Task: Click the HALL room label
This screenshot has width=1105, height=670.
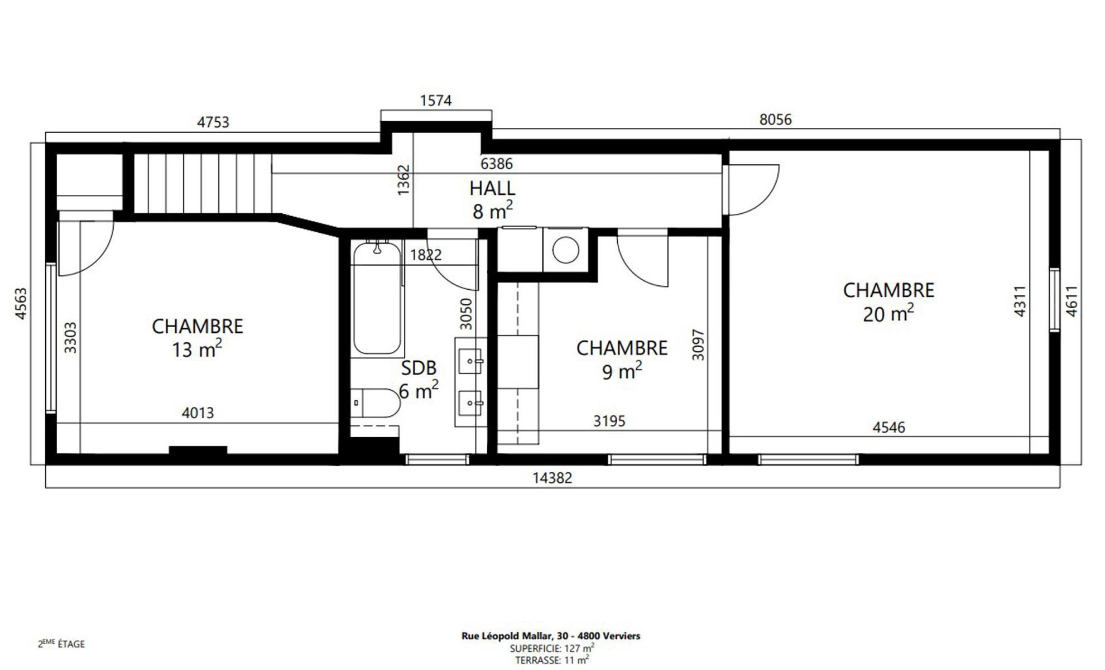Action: (x=492, y=188)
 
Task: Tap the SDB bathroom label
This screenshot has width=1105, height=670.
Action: (x=419, y=368)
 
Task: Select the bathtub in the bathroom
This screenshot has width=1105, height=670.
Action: (x=377, y=298)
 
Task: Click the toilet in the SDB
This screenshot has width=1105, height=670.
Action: (x=376, y=403)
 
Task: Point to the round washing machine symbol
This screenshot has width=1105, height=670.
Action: (x=565, y=250)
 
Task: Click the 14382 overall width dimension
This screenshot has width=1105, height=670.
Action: (x=552, y=478)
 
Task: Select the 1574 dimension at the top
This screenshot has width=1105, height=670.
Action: (x=436, y=100)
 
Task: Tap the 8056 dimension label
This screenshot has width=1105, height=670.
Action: (x=776, y=119)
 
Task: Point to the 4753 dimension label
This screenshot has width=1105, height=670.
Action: (x=213, y=122)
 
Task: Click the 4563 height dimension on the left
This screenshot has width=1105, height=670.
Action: (x=21, y=304)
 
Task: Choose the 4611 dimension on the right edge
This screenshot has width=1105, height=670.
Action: (x=1072, y=301)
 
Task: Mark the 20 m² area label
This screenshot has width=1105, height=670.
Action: (x=888, y=314)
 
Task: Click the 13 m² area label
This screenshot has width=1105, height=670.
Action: (x=197, y=349)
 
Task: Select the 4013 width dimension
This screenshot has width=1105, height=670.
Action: (x=198, y=413)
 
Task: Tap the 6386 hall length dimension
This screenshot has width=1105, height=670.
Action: (x=497, y=164)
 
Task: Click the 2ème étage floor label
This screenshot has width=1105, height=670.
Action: (x=61, y=644)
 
